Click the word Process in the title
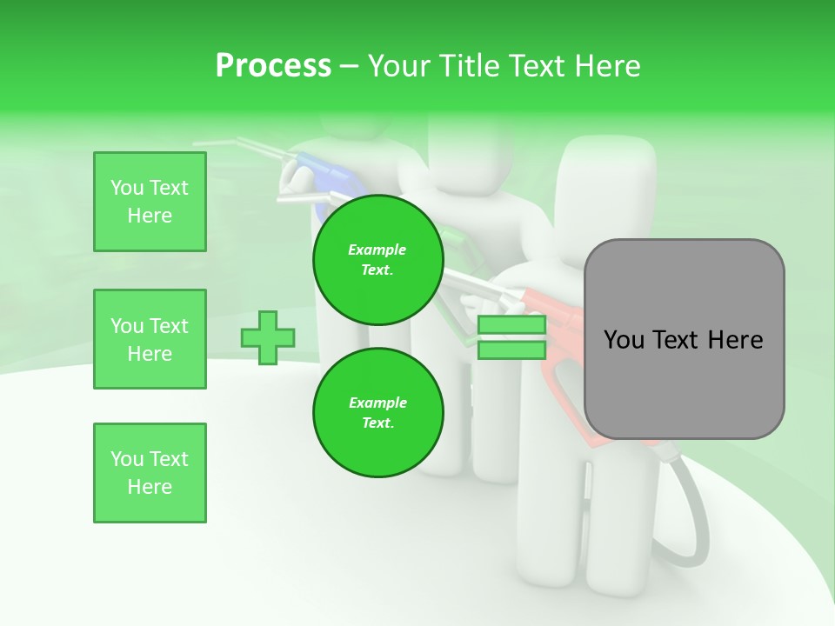(273, 66)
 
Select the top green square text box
(150, 202)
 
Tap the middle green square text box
(150, 339)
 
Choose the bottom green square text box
(150, 473)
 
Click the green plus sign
(268, 337)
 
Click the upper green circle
(378, 260)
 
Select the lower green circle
(378, 413)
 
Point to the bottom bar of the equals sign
(511, 350)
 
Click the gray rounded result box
(684, 339)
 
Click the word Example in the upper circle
(377, 250)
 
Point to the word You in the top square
(127, 188)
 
